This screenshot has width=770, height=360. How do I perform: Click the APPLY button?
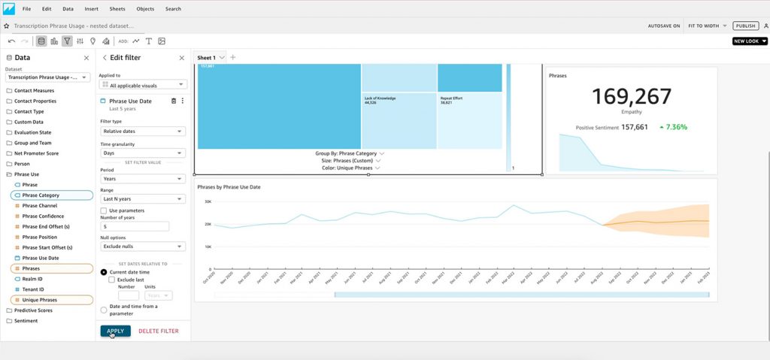pyautogui.click(x=115, y=331)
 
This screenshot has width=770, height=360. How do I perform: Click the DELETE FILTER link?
pyautogui.click(x=158, y=331)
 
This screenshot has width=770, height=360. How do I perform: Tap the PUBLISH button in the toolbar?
pyautogui.click(x=744, y=26)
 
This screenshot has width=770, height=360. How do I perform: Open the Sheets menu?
pyautogui.click(x=117, y=9)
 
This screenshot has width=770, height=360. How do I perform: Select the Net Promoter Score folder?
pyautogui.click(x=36, y=153)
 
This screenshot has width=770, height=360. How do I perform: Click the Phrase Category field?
pyautogui.click(x=41, y=195)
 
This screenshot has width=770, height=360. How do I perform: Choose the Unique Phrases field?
pyautogui.click(x=39, y=300)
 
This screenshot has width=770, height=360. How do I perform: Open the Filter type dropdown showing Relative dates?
pyautogui.click(x=143, y=132)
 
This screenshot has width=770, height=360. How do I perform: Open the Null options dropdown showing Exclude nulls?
pyautogui.click(x=143, y=247)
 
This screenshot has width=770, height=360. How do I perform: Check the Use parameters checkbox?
pyautogui.click(x=104, y=210)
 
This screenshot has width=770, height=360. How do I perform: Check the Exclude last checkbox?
pyautogui.click(x=112, y=280)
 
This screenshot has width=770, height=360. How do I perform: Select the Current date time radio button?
pyautogui.click(x=104, y=271)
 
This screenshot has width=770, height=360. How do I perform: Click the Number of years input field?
pyautogui.click(x=135, y=226)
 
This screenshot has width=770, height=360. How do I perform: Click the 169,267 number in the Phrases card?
pyautogui.click(x=631, y=97)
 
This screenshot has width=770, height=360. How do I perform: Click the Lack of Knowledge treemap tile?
pyautogui.click(x=399, y=120)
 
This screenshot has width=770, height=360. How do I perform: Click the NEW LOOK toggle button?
pyautogui.click(x=749, y=41)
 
